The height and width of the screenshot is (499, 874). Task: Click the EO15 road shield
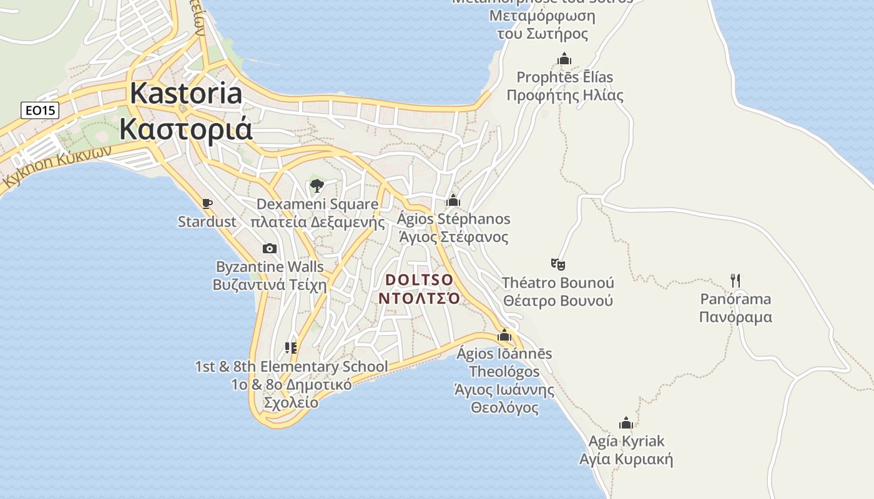pyautogui.click(x=39, y=111)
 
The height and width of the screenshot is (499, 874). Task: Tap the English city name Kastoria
pyautogui.click(x=186, y=94)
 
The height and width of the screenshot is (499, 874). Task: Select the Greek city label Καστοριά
pyautogui.click(x=186, y=129)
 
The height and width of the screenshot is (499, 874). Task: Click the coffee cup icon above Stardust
pyautogui.click(x=207, y=203)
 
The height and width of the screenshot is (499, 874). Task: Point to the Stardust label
pyautogui.click(x=207, y=221)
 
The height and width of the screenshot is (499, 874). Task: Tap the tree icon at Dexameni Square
pyautogui.click(x=317, y=185)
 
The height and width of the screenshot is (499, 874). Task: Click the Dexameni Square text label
pyautogui.click(x=317, y=204)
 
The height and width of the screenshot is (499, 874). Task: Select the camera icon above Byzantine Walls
pyautogui.click(x=270, y=248)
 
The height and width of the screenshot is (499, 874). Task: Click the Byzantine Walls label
pyautogui.click(x=270, y=267)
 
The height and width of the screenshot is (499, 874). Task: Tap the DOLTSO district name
pyautogui.click(x=420, y=279)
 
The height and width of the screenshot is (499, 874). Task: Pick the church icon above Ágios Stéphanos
pyautogui.click(x=453, y=200)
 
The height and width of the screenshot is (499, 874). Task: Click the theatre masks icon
pyautogui.click(x=558, y=264)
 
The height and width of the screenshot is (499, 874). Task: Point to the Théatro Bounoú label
pyautogui.click(x=558, y=283)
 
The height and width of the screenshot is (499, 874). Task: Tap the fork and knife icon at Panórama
pyautogui.click(x=735, y=280)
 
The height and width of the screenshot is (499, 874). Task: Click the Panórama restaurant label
pyautogui.click(x=735, y=299)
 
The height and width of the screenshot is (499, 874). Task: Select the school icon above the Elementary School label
pyautogui.click(x=291, y=347)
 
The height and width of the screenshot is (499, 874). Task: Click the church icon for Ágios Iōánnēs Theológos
pyautogui.click(x=504, y=335)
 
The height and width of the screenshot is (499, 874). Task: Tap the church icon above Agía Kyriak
pyautogui.click(x=626, y=423)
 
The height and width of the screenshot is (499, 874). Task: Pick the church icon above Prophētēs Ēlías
pyautogui.click(x=564, y=59)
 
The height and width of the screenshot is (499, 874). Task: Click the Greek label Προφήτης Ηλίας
pyautogui.click(x=564, y=95)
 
